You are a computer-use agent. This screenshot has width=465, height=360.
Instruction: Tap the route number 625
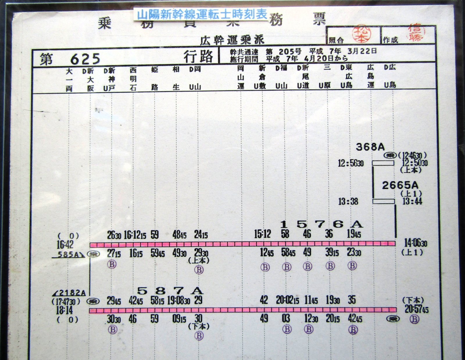(x=85, y=59)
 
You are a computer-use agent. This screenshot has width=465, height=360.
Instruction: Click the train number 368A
(x=370, y=147)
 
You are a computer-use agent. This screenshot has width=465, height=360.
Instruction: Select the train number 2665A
(x=400, y=185)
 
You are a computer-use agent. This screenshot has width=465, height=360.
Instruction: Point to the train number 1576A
(x=321, y=224)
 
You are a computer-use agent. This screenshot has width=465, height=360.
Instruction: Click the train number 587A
(x=170, y=290)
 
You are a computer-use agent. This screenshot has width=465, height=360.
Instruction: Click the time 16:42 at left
(x=65, y=244)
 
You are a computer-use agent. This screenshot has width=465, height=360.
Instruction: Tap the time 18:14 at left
(x=65, y=310)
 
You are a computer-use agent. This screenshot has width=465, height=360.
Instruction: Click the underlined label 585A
(x=68, y=255)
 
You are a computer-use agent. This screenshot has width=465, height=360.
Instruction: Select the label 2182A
(x=70, y=293)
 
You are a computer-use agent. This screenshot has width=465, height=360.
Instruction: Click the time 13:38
(x=348, y=201)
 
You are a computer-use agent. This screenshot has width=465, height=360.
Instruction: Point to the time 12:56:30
(x=350, y=163)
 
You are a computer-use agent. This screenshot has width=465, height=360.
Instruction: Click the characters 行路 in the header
(x=198, y=56)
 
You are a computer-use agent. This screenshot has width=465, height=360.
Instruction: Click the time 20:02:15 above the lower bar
(x=287, y=300)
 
